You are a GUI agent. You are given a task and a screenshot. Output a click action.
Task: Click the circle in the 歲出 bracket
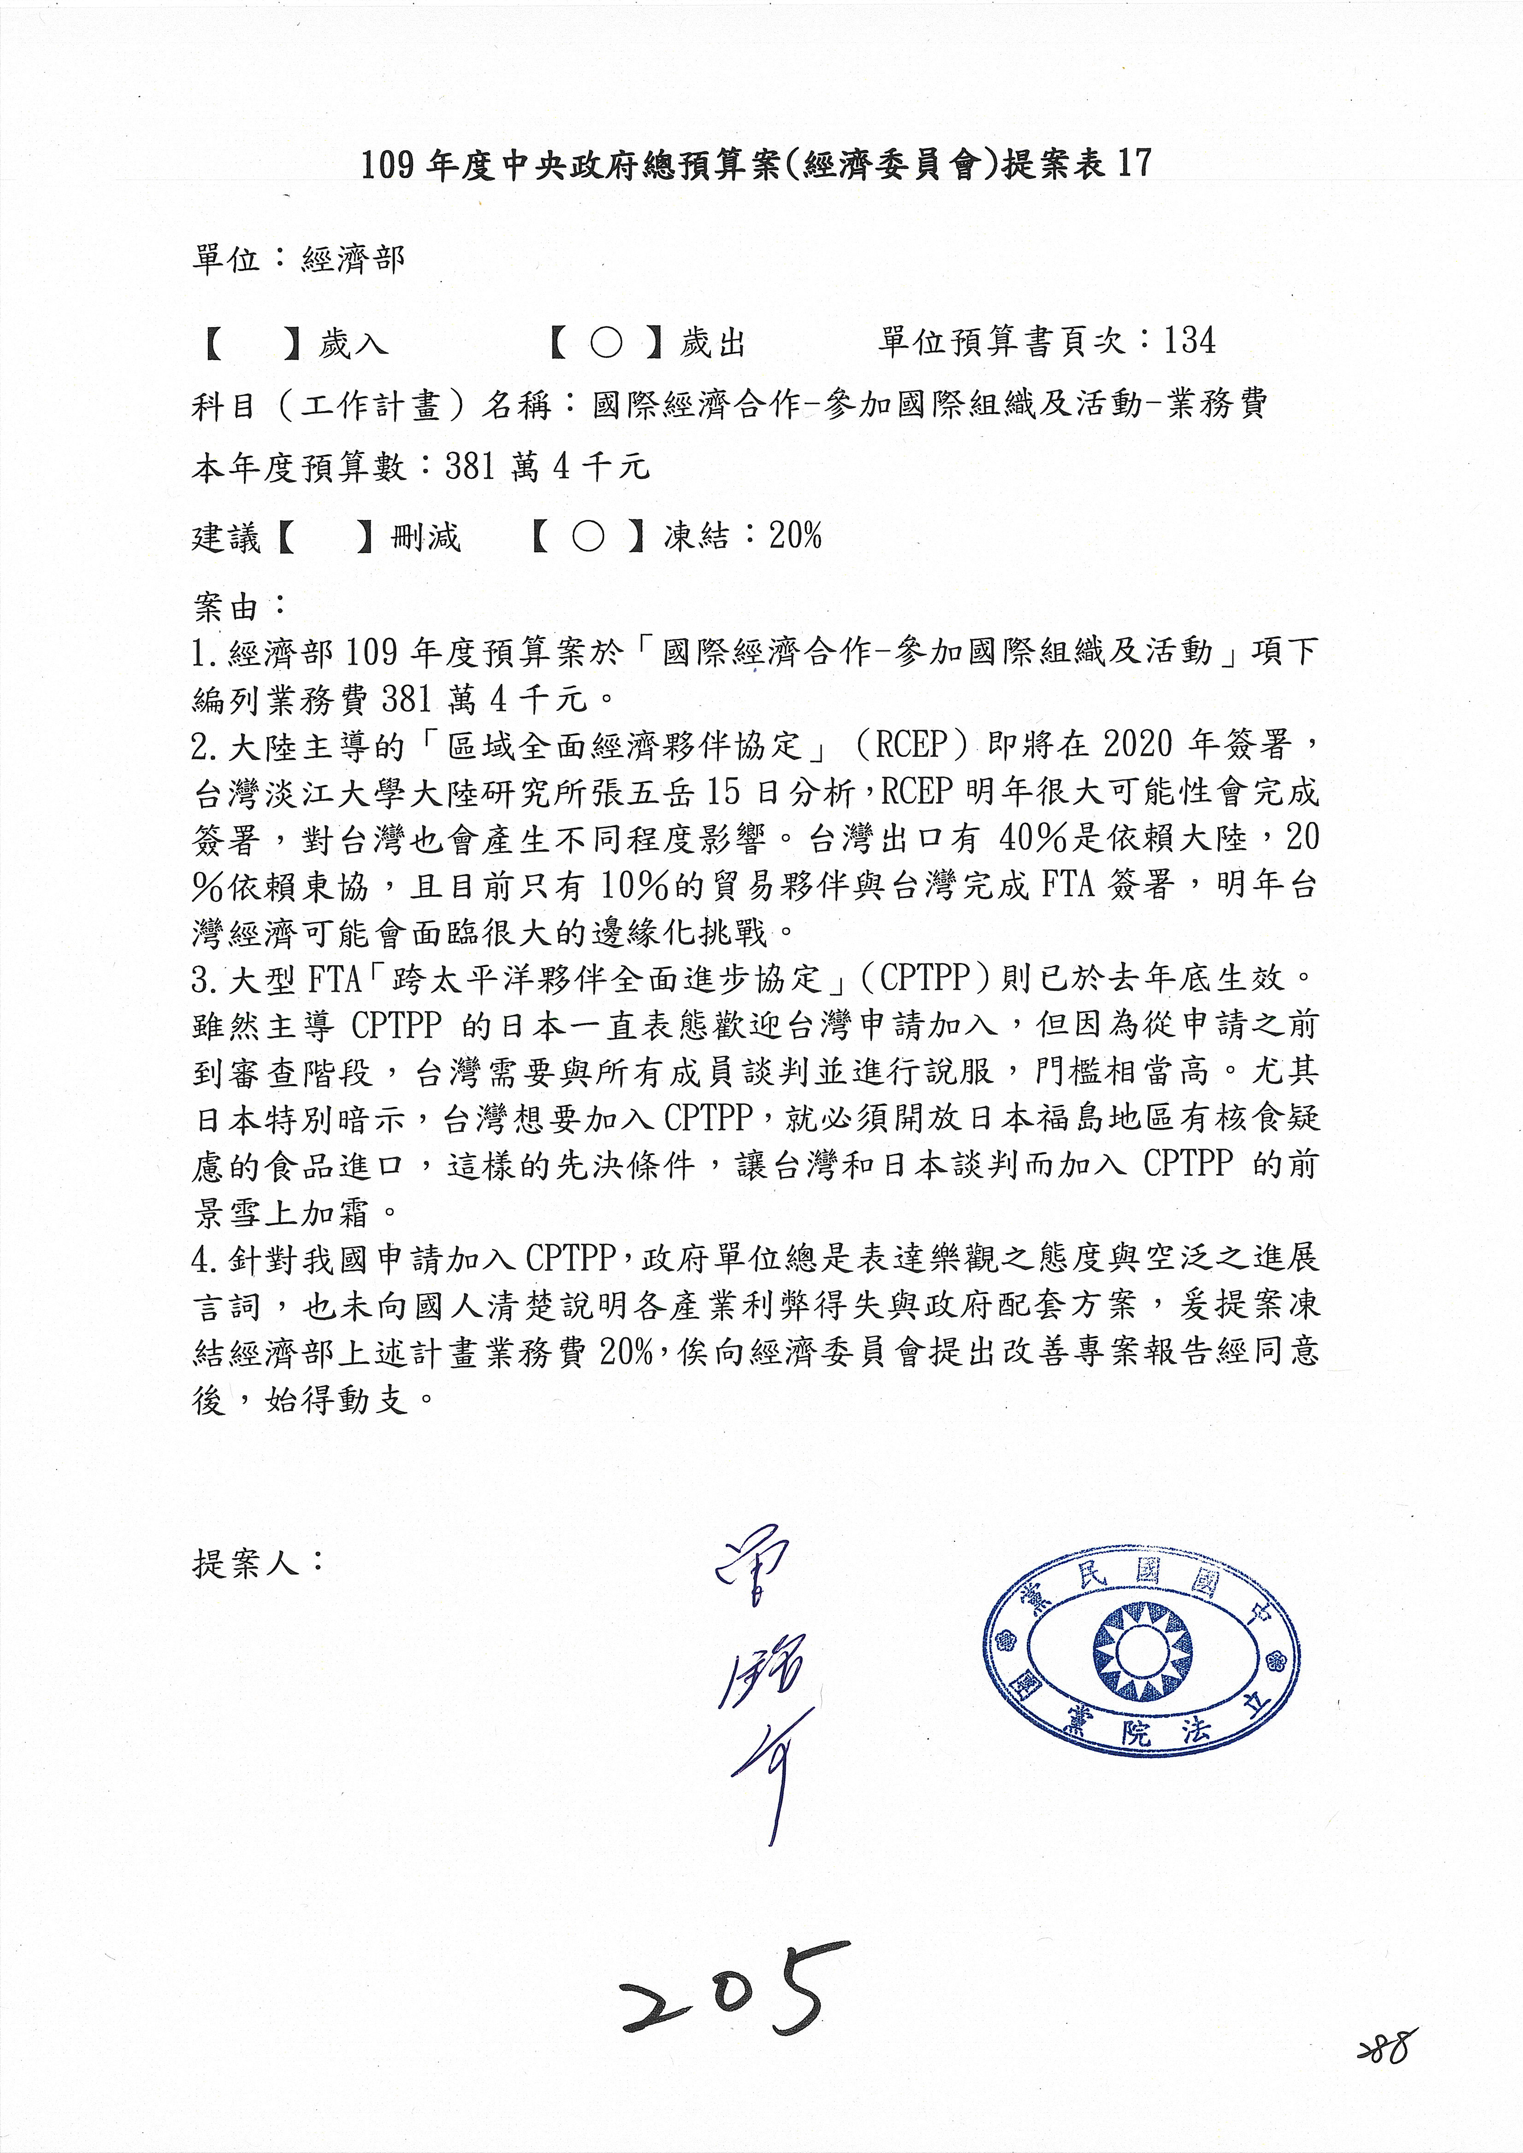(x=606, y=343)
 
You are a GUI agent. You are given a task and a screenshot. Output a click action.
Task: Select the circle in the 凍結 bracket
(x=588, y=537)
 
